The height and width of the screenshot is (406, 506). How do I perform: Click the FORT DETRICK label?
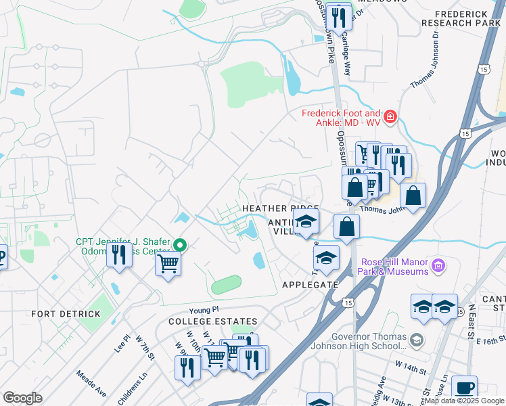pyautogui.click(x=66, y=314)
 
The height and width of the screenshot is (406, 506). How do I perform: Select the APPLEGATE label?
pyautogui.click(x=309, y=285)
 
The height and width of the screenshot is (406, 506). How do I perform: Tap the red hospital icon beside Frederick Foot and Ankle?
pyautogui.click(x=390, y=118)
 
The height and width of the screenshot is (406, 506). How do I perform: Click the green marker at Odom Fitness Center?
pyautogui.click(x=180, y=244)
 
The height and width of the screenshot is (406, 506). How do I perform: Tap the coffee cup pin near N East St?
pyautogui.click(x=464, y=388)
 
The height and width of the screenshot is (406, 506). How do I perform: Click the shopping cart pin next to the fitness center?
pyautogui.click(x=167, y=263)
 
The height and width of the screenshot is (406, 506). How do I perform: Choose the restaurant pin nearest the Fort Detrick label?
pyautogui.click(x=119, y=255)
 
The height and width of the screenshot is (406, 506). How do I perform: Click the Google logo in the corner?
pyautogui.click(x=22, y=398)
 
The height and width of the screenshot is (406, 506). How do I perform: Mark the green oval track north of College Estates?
pyautogui.click(x=227, y=285)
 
